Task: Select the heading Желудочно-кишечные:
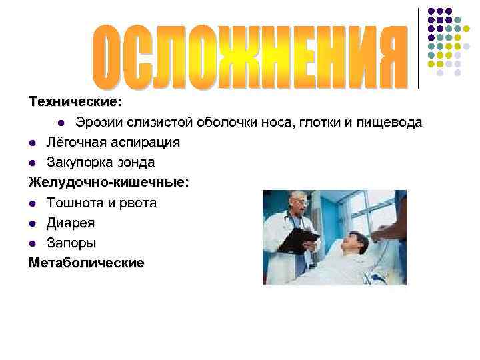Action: pyautogui.click(x=109, y=183)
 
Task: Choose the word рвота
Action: pyautogui.click(x=137, y=203)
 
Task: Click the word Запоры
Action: pyautogui.click(x=71, y=243)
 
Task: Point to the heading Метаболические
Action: pyautogui.click(x=86, y=263)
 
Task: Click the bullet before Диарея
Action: pyautogui.click(x=33, y=223)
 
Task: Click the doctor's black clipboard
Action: pyautogui.click(x=298, y=239)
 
